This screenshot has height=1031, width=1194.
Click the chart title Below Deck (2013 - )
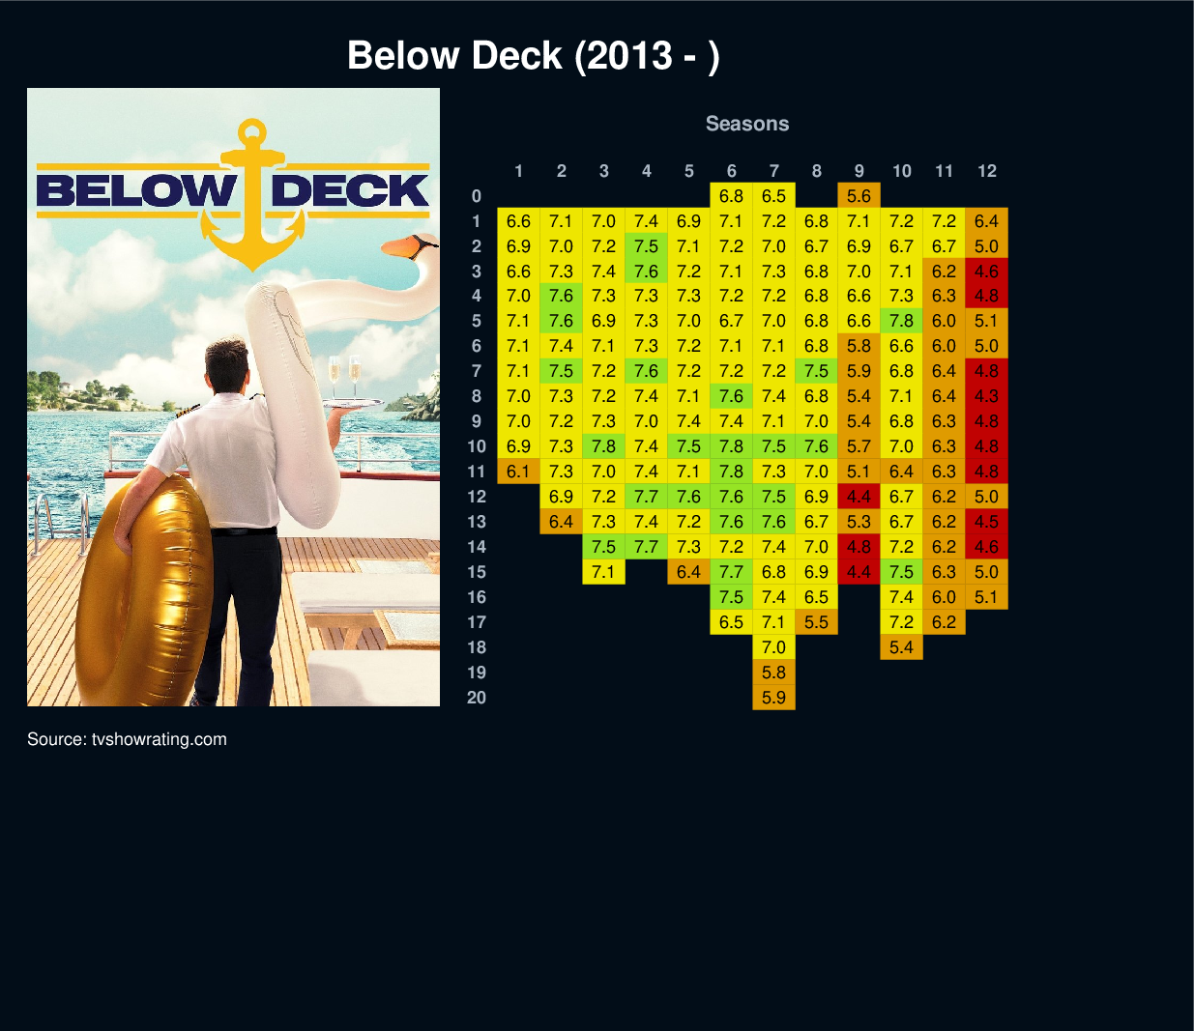pos(533,56)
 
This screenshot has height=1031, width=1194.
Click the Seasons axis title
pos(747,124)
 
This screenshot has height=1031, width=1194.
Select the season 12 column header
pos(987,171)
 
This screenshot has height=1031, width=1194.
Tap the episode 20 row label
pos(476,698)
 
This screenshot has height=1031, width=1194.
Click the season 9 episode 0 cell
pos(859,196)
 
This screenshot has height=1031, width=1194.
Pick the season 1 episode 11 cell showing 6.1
pos(518,471)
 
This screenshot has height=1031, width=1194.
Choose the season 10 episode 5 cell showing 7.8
pos(901,321)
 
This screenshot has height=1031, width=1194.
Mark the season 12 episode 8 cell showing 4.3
pos(987,396)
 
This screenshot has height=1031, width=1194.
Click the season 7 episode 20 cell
pos(773,698)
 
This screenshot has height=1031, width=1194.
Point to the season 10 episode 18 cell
pos(901,647)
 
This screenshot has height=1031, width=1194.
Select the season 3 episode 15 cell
pos(603,571)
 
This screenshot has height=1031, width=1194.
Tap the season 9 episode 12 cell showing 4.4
pos(859,497)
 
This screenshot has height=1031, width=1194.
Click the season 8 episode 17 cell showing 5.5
pos(816,621)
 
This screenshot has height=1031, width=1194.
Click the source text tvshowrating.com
pos(159,739)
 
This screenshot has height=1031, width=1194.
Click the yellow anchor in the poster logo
pos(253,194)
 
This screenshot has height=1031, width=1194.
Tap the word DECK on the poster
pos(349,190)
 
